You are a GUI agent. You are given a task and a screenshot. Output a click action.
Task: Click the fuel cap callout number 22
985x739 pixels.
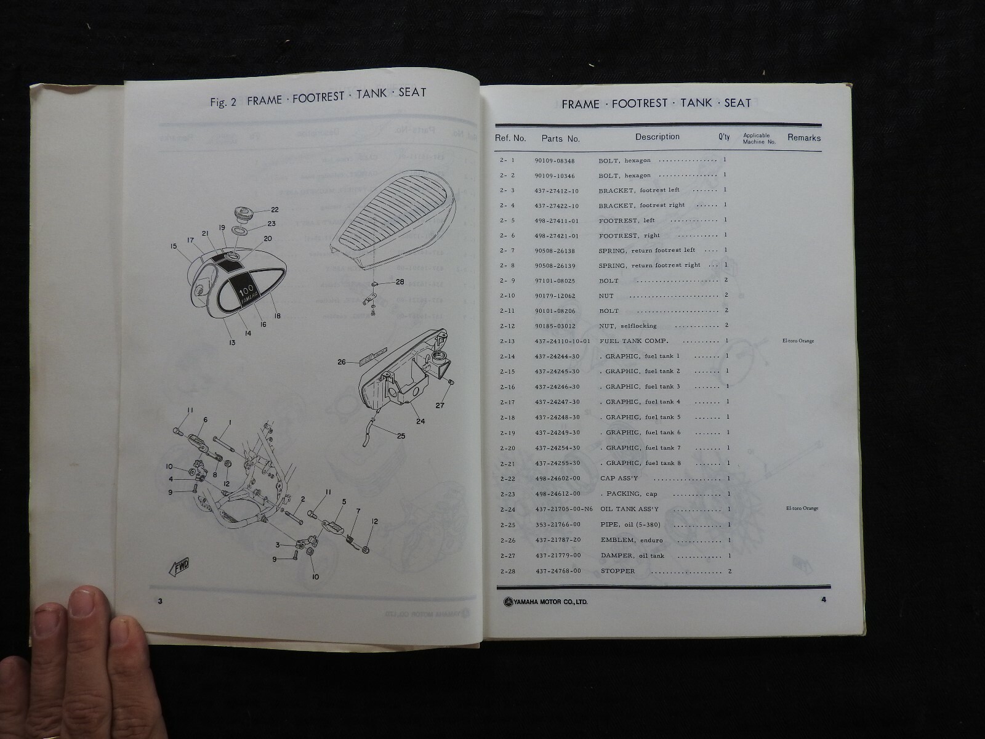point(275,210)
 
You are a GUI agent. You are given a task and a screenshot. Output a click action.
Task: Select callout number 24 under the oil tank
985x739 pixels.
point(420,422)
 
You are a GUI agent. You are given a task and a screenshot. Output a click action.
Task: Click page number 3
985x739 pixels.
point(160,601)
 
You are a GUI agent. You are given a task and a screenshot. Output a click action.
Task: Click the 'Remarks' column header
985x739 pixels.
point(803,138)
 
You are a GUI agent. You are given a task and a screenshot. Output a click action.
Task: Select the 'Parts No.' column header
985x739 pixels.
point(560,139)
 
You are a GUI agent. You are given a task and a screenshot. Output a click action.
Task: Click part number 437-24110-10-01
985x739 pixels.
point(563,341)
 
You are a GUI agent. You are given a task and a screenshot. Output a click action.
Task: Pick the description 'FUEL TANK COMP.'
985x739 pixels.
point(634,341)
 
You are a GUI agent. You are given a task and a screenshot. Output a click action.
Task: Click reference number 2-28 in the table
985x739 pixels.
point(508,571)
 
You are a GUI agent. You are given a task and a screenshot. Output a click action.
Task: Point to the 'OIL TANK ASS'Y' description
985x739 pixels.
point(629,509)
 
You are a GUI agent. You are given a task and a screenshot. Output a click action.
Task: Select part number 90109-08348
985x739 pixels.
point(555,160)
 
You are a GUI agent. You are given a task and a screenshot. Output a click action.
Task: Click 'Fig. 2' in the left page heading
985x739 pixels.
point(223,102)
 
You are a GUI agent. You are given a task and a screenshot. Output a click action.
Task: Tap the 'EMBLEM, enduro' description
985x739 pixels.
point(632,540)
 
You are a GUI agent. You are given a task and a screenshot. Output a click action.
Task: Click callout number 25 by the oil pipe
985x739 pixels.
point(401,436)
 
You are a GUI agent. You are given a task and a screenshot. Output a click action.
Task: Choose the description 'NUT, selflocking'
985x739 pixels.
point(628,326)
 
